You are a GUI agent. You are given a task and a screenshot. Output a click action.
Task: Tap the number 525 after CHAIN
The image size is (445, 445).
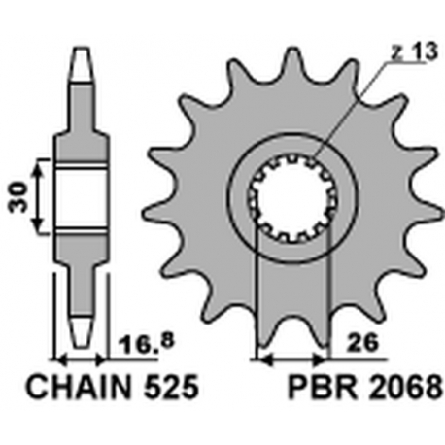[171, 388]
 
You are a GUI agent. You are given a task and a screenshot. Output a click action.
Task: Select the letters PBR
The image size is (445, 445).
[323, 388]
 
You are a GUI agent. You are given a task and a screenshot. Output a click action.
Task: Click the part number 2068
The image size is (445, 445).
[405, 388]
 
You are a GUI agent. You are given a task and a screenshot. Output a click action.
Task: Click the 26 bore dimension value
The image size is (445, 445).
[363, 342]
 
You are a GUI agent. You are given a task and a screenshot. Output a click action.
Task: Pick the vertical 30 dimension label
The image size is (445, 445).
[18, 196]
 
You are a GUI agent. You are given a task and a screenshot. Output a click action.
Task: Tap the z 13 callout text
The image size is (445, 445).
[414, 51]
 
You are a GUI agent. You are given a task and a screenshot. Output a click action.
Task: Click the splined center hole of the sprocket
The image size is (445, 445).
[293, 199]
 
